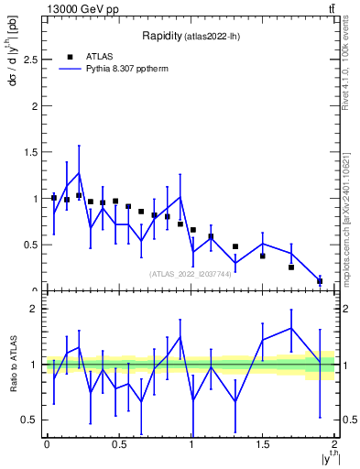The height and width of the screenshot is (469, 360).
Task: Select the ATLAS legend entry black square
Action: pos(70,56)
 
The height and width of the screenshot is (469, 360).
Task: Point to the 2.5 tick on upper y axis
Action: pos(30,60)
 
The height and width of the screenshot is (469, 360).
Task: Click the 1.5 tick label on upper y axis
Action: pos(30,152)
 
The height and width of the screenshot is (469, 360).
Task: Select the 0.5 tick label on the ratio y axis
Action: pos(30,420)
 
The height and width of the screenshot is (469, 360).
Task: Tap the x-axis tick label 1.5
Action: pos(263,444)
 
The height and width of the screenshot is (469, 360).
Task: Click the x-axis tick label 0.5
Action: pos(119,444)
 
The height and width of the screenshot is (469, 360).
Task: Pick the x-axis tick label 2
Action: pos(334,444)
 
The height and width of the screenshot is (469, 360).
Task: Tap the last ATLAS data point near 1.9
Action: pos(320,281)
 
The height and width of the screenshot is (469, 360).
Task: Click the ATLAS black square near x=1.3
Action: pos(235,246)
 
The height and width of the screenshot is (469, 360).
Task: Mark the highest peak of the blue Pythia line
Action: pos(79,172)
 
